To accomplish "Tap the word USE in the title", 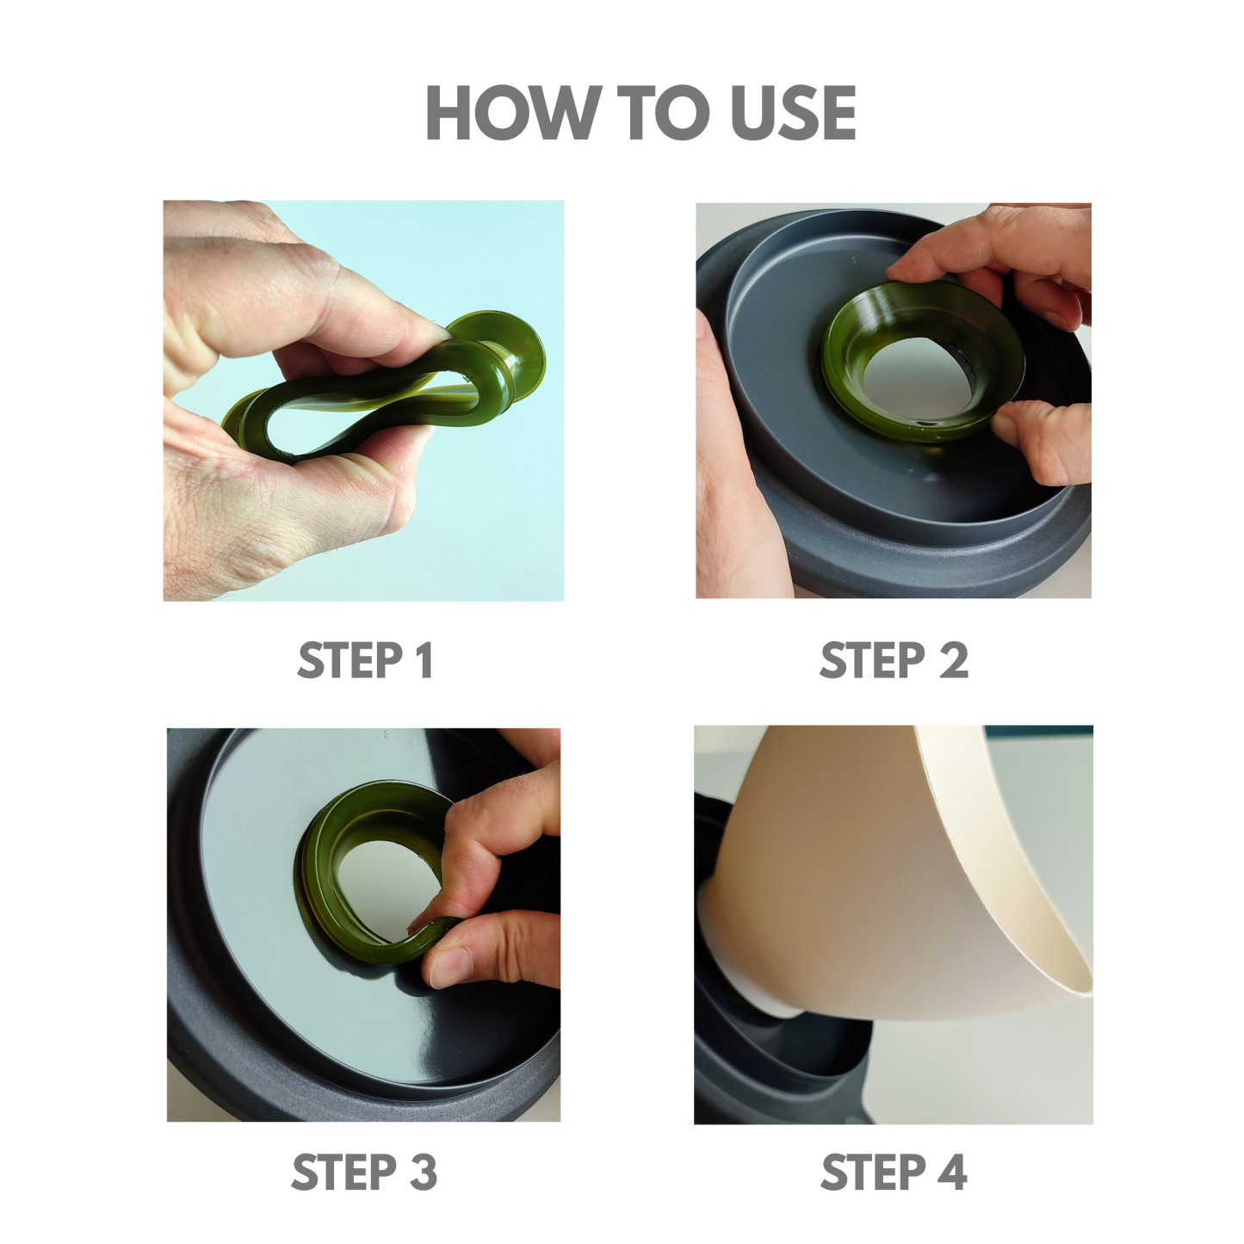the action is (794, 112).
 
